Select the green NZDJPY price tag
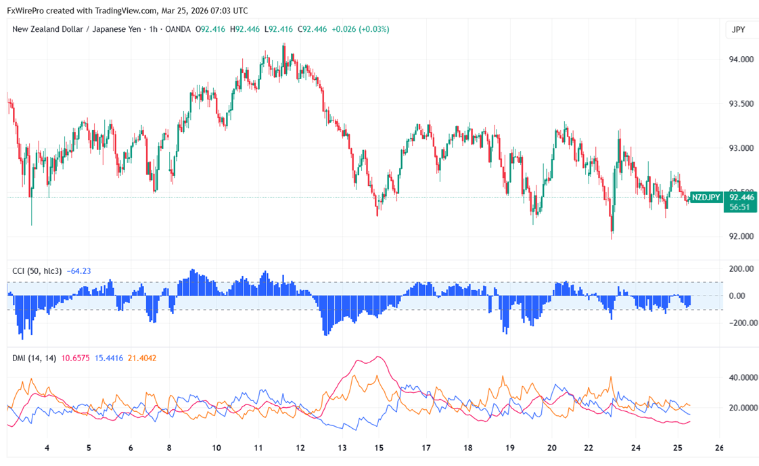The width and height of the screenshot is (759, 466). tap(706, 197)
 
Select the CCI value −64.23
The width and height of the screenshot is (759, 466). tap(78, 271)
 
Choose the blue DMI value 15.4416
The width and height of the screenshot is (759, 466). tap(109, 358)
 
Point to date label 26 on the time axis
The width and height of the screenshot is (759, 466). tap(719, 448)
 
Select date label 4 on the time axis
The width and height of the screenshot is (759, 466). tap(47, 448)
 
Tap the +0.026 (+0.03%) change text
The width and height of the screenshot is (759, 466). tap(360, 29)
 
